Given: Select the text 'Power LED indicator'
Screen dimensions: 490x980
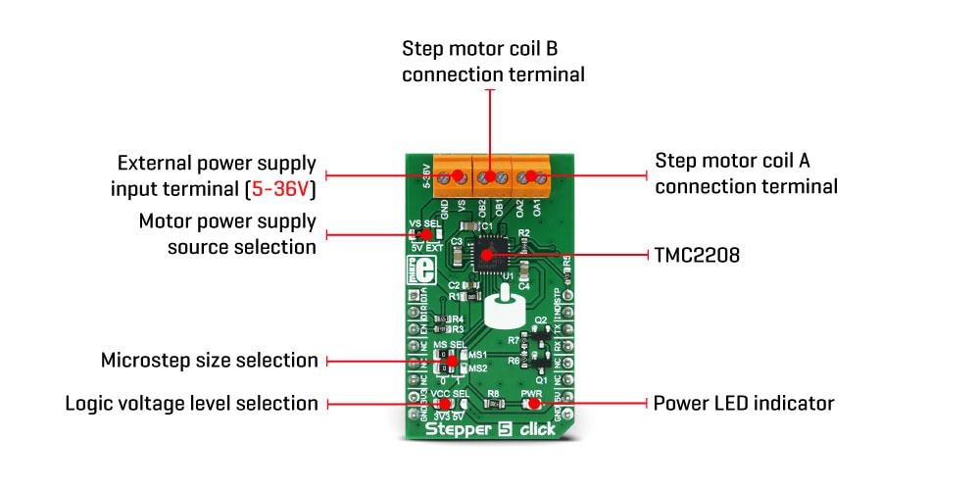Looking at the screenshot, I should (744, 403).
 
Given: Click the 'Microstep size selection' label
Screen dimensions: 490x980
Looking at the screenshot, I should (210, 361).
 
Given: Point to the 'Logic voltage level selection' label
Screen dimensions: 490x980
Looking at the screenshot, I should (191, 403).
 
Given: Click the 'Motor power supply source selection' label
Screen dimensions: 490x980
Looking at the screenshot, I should (227, 234).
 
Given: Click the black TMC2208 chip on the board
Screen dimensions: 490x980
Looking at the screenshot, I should (489, 254).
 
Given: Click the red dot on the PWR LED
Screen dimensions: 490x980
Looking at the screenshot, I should (532, 403).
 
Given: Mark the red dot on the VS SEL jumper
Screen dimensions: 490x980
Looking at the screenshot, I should (424, 234).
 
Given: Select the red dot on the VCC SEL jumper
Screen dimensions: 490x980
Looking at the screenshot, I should (444, 403).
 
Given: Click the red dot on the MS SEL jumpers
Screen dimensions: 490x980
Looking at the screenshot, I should (450, 360).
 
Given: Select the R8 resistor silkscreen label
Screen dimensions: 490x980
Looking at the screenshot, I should (493, 392).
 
